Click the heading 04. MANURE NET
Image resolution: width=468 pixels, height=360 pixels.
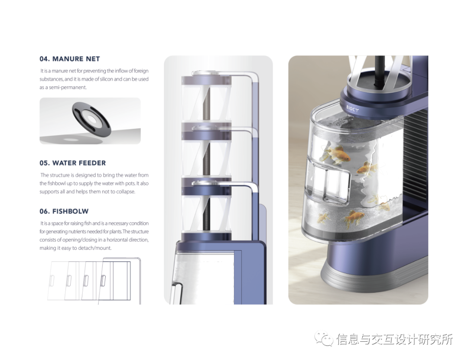point(69,59)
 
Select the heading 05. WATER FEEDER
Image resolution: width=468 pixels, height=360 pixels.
point(72,163)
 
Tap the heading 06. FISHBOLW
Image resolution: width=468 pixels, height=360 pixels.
point(64,211)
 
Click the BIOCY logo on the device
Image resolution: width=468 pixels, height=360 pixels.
point(352,109)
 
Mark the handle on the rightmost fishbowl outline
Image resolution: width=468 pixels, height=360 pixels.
point(104,281)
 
